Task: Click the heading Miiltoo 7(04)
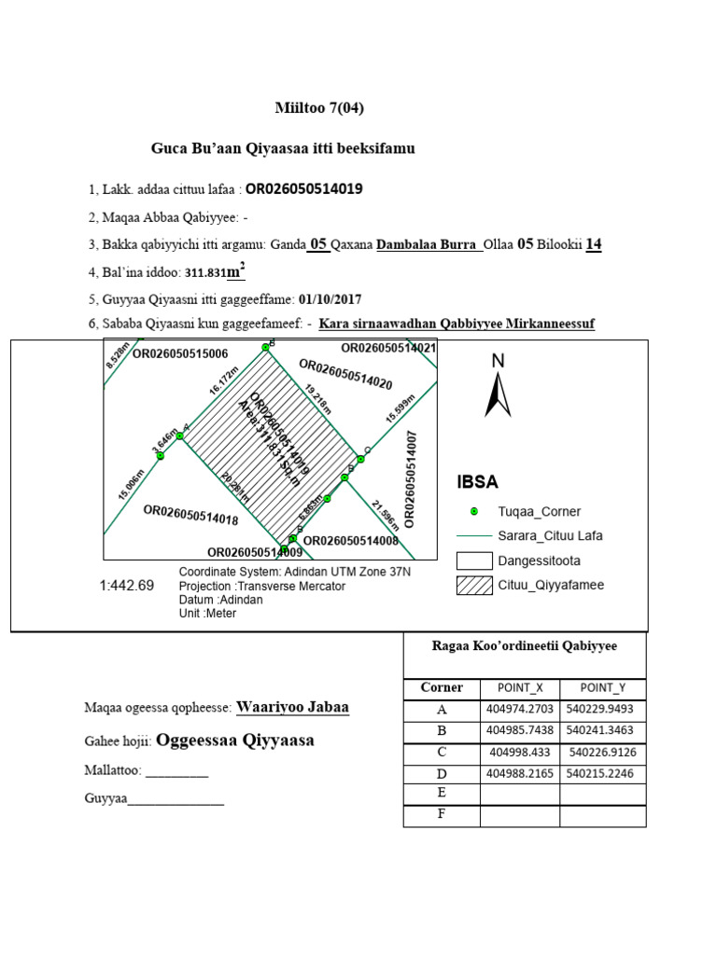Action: [319, 108]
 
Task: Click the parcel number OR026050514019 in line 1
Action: [303, 189]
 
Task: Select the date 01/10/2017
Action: [330, 299]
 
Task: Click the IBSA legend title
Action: [477, 482]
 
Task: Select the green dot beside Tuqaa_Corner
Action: [474, 511]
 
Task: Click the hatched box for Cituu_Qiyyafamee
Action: [474, 586]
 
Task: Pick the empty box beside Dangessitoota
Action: [474, 561]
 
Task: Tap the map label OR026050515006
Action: [180, 354]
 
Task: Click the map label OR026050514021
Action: [388, 348]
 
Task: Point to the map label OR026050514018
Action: [190, 515]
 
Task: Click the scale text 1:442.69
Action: [126, 587]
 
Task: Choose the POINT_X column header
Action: [520, 688]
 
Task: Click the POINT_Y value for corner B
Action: [602, 730]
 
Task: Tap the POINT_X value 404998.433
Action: [520, 752]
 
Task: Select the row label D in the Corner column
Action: [442, 773]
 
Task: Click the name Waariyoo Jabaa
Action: [293, 707]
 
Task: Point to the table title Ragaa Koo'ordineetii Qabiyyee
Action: [524, 645]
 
